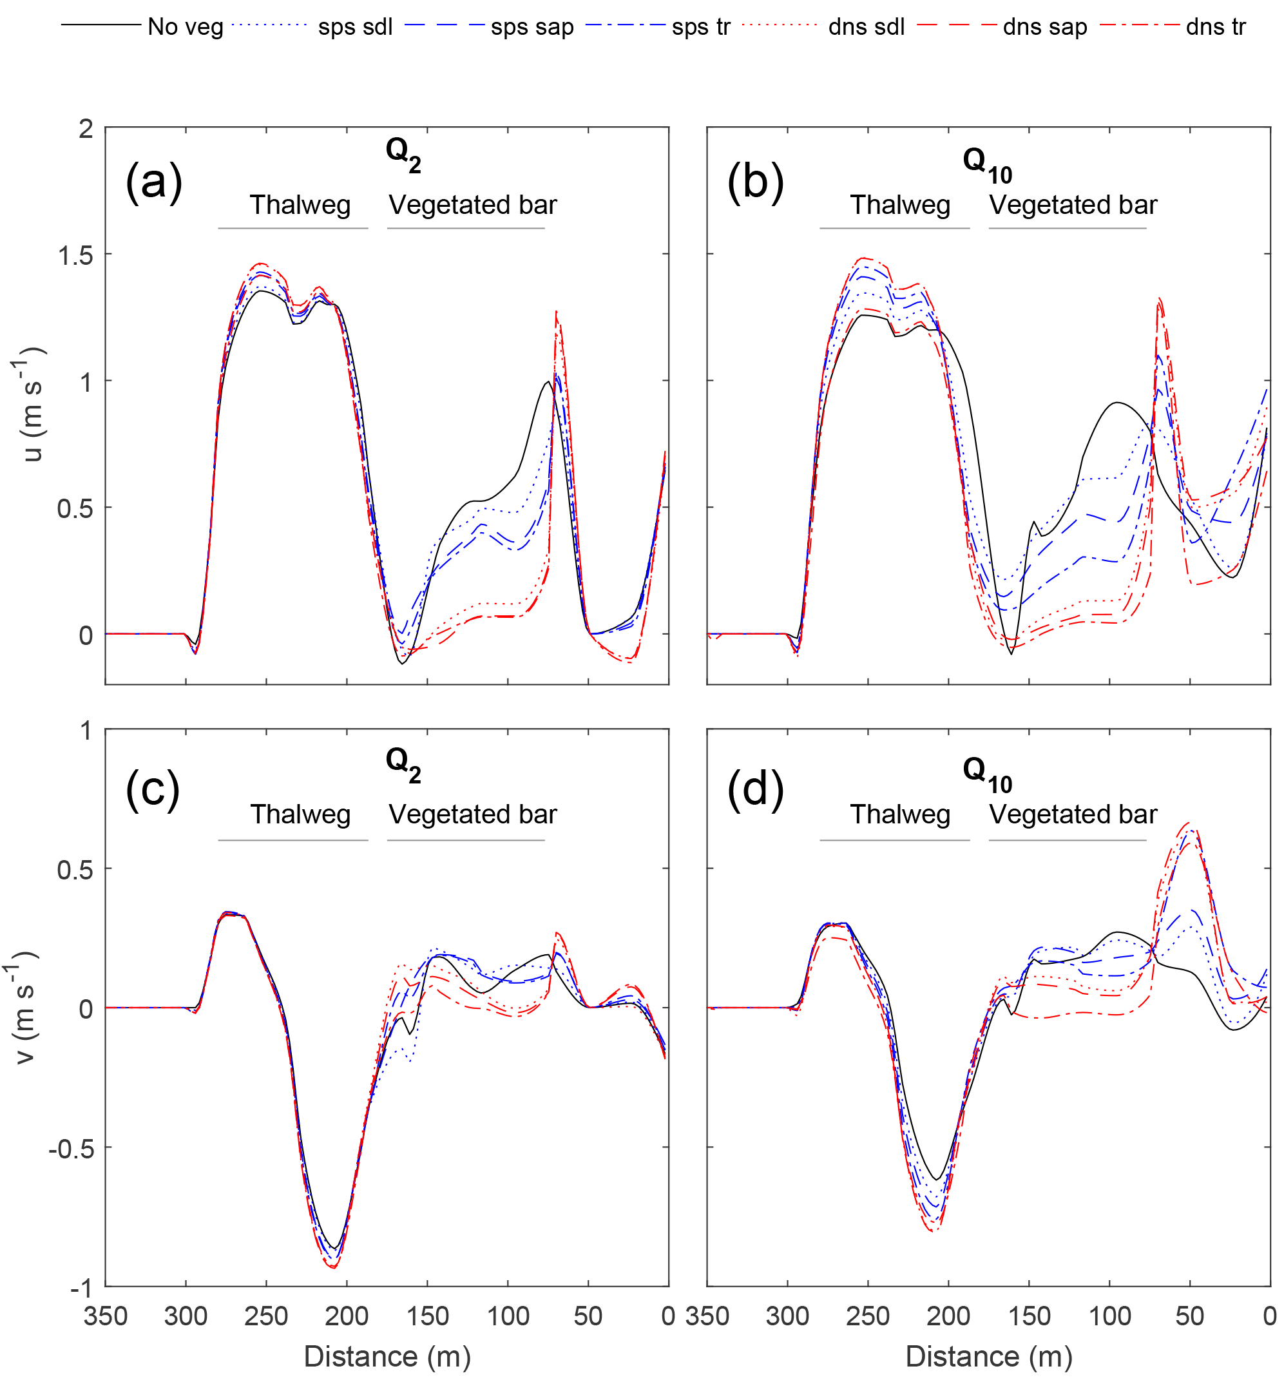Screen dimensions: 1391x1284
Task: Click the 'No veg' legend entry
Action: point(185,27)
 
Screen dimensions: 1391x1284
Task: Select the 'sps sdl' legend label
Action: point(355,27)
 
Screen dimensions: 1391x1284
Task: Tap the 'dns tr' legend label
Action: point(1215,27)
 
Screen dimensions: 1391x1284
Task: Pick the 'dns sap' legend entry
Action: point(1044,27)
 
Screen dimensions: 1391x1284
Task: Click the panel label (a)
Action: point(153,182)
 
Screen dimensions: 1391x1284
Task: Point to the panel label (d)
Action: point(755,791)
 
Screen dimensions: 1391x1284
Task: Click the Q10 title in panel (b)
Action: point(986,166)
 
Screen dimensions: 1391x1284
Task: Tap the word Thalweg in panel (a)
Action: point(300,205)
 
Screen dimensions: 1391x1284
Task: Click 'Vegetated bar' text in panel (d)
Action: point(1073,814)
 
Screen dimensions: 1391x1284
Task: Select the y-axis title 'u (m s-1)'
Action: point(29,405)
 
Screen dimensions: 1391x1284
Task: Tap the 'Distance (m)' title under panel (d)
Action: point(989,1356)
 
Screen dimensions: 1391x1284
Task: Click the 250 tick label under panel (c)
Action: point(266,1317)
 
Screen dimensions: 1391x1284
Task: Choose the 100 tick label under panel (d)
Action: point(1109,1317)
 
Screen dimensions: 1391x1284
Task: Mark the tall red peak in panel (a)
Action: point(556,314)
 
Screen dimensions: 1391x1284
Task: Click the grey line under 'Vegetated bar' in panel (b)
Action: point(1068,228)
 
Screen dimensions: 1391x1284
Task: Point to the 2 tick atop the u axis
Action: point(86,130)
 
